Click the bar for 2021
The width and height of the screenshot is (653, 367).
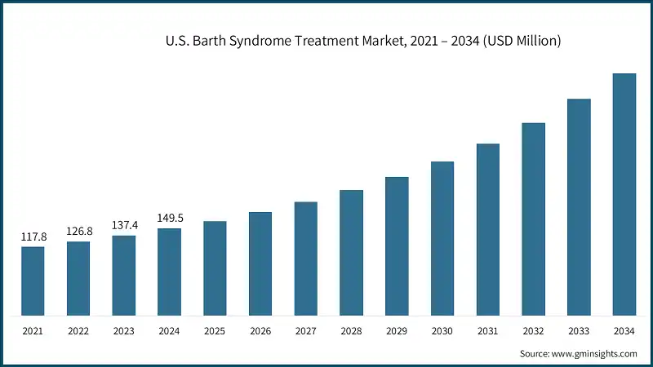click(x=33, y=281)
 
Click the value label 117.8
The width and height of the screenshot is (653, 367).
click(x=33, y=237)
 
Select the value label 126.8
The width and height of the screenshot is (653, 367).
click(x=79, y=231)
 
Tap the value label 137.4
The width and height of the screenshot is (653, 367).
click(x=124, y=225)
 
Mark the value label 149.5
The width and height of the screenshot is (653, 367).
click(x=170, y=218)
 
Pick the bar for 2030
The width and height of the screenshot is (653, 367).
click(x=442, y=238)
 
